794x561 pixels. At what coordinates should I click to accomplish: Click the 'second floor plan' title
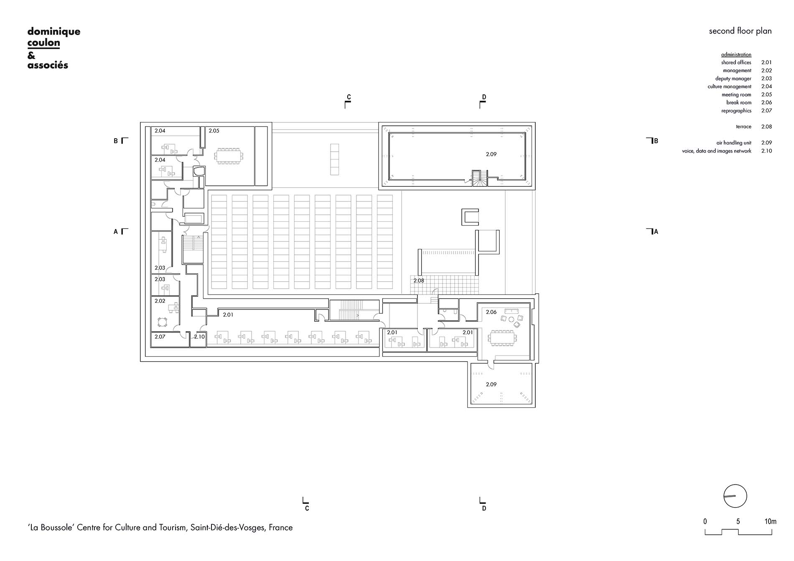[740, 31]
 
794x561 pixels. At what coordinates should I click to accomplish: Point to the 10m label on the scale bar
[770, 521]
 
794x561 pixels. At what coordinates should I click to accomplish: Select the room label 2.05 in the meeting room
[214, 131]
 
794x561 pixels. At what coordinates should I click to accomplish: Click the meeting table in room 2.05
[229, 156]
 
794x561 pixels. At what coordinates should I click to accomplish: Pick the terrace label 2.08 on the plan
[419, 281]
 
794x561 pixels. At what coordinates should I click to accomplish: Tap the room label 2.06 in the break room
[491, 312]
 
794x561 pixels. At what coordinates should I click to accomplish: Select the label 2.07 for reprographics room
[160, 337]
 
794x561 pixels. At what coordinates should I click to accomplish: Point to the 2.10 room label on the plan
[199, 337]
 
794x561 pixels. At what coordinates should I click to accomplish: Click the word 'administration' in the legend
[736, 55]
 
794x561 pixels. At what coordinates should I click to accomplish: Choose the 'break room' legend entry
[739, 102]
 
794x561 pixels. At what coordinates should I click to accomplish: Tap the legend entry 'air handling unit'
[734, 143]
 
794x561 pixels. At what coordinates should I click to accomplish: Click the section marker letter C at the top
[349, 97]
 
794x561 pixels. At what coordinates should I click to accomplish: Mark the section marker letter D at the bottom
[484, 508]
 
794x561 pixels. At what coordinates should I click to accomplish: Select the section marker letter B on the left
[116, 141]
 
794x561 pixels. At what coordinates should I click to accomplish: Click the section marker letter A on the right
[656, 232]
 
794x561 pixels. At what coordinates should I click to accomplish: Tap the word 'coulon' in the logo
[43, 43]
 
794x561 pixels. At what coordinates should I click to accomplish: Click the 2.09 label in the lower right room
[491, 384]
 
